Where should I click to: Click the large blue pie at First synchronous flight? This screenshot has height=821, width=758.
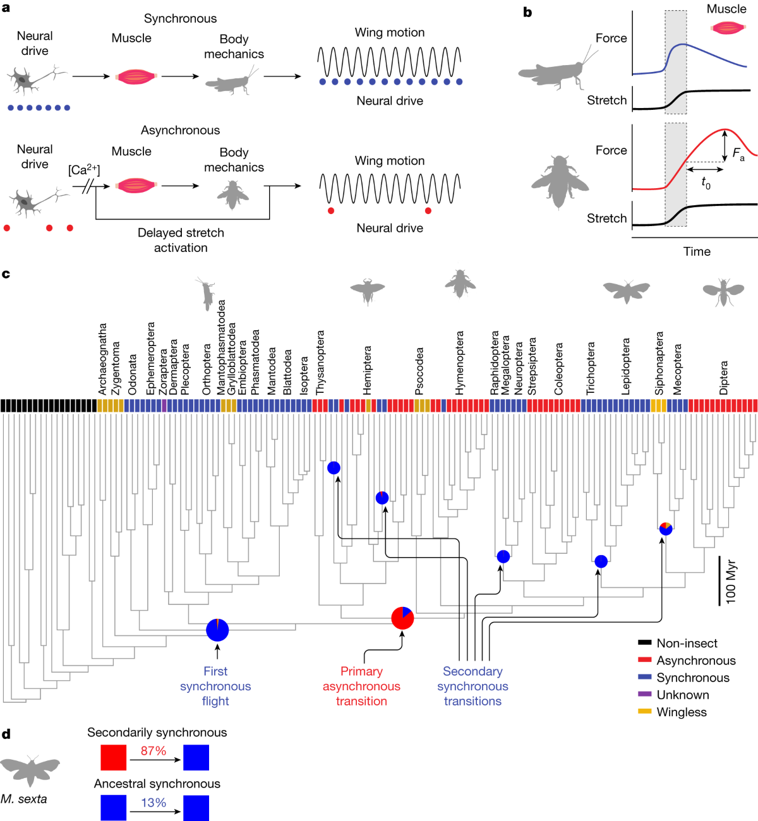coord(217,630)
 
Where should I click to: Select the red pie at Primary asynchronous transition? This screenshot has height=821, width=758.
coord(402,618)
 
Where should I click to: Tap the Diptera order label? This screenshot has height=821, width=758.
coord(724,378)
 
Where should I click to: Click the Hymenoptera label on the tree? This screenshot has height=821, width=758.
coord(459,363)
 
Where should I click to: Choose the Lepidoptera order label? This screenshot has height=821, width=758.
coord(626,367)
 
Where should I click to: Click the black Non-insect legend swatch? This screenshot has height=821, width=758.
coord(644,643)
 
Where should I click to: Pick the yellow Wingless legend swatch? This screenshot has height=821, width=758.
coord(644,712)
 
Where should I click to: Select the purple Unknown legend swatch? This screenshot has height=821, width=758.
coord(644,695)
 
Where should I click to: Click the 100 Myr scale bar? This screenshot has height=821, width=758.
coord(719,580)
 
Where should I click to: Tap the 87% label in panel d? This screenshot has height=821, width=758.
coord(153,751)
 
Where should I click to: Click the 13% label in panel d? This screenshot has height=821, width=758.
coord(153,803)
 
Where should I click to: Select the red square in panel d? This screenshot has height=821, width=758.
coord(113,757)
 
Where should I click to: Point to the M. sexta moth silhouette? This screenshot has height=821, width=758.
coord(30,769)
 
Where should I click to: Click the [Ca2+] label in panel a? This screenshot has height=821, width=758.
coord(84,170)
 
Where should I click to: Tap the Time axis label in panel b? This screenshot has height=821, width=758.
coord(697,251)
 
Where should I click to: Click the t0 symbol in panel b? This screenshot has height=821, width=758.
coord(706,183)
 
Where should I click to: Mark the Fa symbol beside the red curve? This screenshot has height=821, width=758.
coord(738,153)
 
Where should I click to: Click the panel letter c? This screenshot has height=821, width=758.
coord(6,274)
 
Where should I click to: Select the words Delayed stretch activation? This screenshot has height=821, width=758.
coord(181,240)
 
